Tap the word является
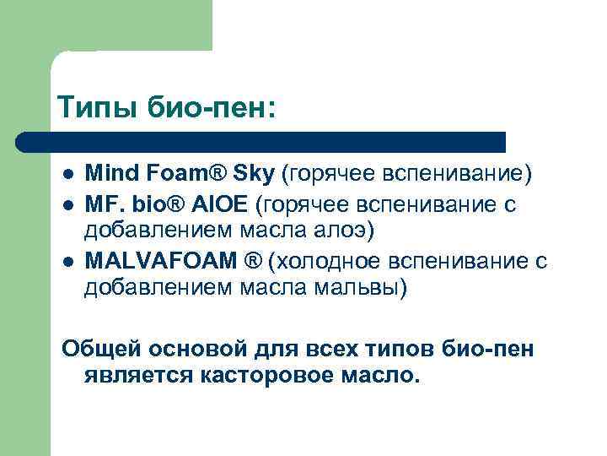point(139,375)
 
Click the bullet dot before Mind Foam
point(67,176)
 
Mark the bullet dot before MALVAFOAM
point(67,263)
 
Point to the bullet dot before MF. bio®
point(67,205)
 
